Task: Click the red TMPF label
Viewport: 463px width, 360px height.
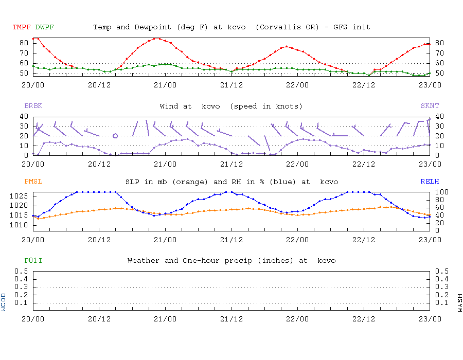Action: pyautogui.click(x=22, y=27)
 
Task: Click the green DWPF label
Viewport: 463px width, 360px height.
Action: pyautogui.click(x=44, y=27)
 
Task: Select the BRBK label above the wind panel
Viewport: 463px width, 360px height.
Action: pyautogui.click(x=33, y=106)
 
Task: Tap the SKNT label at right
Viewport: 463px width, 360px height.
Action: pyautogui.click(x=430, y=106)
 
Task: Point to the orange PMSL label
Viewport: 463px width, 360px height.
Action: pyautogui.click(x=33, y=182)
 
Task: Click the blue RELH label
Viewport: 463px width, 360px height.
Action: pyautogui.click(x=430, y=182)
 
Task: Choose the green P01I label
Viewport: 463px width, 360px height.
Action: pyautogui.click(x=33, y=261)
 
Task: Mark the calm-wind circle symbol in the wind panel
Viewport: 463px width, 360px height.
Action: pyautogui.click(x=115, y=136)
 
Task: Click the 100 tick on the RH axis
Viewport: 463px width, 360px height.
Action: pyautogui.click(x=439, y=192)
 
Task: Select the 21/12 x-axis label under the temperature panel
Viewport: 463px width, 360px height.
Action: pyautogui.click(x=232, y=85)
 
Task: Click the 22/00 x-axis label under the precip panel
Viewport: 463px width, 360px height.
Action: pyautogui.click(x=297, y=318)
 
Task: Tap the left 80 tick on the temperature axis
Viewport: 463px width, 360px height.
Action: pyautogui.click(x=24, y=43)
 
